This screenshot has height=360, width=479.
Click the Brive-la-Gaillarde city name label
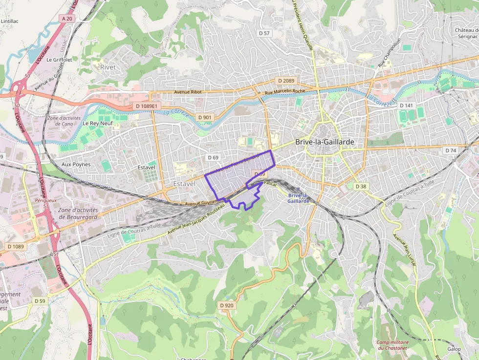click(x=324, y=142)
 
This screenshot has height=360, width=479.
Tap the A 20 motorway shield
click(x=67, y=19)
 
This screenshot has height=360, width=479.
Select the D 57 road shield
click(x=264, y=33)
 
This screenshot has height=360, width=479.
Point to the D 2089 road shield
click(x=286, y=81)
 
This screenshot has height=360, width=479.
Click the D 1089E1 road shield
click(x=147, y=106)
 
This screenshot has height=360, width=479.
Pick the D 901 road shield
click(x=205, y=117)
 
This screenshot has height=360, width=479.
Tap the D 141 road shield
click(x=406, y=106)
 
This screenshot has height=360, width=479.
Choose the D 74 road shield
click(x=450, y=150)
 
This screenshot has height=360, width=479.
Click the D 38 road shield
click(x=361, y=187)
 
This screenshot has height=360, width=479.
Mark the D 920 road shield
click(x=227, y=305)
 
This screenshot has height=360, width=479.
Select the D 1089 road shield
click(x=16, y=247)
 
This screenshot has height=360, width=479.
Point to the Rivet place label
click(x=108, y=67)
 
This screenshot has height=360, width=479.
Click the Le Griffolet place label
click(x=59, y=60)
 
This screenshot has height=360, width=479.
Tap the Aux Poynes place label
click(x=76, y=165)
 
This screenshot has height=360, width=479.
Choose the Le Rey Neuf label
click(x=97, y=124)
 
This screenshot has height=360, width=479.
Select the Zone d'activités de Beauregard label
click(x=78, y=213)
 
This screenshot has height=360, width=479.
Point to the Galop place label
click(x=454, y=349)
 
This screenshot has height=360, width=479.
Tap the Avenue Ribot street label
click(x=188, y=92)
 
